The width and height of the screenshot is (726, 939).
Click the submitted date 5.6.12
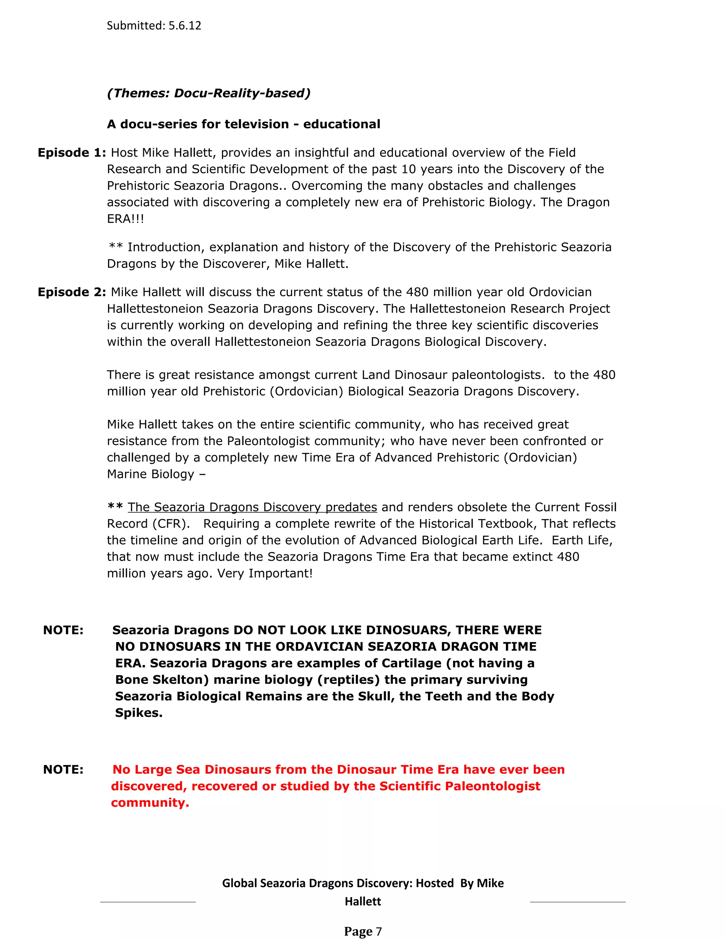coord(184,26)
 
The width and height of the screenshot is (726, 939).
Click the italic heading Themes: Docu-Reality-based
coord(208,93)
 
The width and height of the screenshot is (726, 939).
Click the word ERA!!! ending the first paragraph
coord(125,219)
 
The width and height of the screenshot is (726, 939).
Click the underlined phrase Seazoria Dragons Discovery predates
coord(252,507)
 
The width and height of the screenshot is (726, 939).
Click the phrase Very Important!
coord(265,574)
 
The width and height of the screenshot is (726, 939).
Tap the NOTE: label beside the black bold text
coord(63,630)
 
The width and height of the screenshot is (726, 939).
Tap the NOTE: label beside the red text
coord(63,770)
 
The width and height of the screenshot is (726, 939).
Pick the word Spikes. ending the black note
coord(139,713)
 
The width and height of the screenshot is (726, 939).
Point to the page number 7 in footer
coord(379,931)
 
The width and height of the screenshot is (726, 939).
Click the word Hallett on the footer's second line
coord(363,901)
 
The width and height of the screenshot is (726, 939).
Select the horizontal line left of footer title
coord(147,902)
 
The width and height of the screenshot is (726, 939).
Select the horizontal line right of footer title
coord(577,902)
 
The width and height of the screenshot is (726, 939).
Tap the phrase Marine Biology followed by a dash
coord(151,474)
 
